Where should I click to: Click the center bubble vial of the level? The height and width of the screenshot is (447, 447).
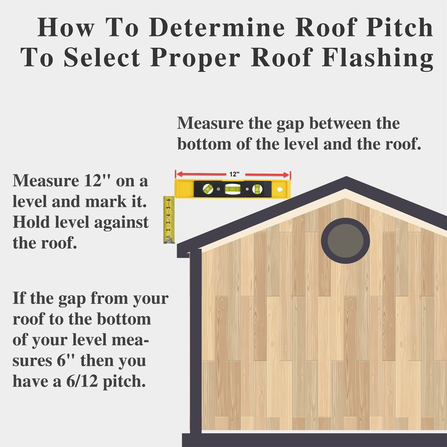233,189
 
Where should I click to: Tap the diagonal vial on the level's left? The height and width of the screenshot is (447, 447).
207,188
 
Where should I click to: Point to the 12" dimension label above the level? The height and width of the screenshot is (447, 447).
234,174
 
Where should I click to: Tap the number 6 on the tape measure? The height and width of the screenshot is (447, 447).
169,200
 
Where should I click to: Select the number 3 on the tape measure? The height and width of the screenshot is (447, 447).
169,223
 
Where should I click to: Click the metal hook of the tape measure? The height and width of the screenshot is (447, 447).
169,241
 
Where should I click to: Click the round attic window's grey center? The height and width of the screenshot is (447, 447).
345,240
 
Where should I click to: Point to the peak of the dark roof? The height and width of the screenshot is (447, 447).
346,177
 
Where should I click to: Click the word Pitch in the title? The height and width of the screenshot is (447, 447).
399,28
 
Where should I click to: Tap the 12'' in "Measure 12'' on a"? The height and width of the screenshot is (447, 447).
97,180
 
